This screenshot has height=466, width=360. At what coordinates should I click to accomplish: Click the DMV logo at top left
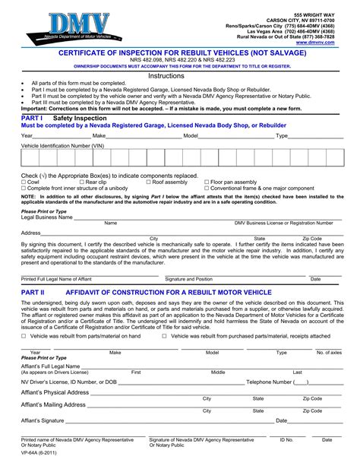[72, 27]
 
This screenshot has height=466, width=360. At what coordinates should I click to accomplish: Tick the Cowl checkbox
[24, 182]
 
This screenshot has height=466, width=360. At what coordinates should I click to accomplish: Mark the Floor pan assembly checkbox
[207, 182]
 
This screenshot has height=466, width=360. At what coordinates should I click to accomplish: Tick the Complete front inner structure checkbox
[24, 189]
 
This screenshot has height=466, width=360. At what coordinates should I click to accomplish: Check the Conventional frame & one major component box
[207, 189]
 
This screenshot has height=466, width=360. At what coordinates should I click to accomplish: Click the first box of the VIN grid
[29, 157]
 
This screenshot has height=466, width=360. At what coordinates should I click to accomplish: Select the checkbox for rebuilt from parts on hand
[24, 335]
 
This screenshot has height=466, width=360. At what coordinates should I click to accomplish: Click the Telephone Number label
[269, 382]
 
